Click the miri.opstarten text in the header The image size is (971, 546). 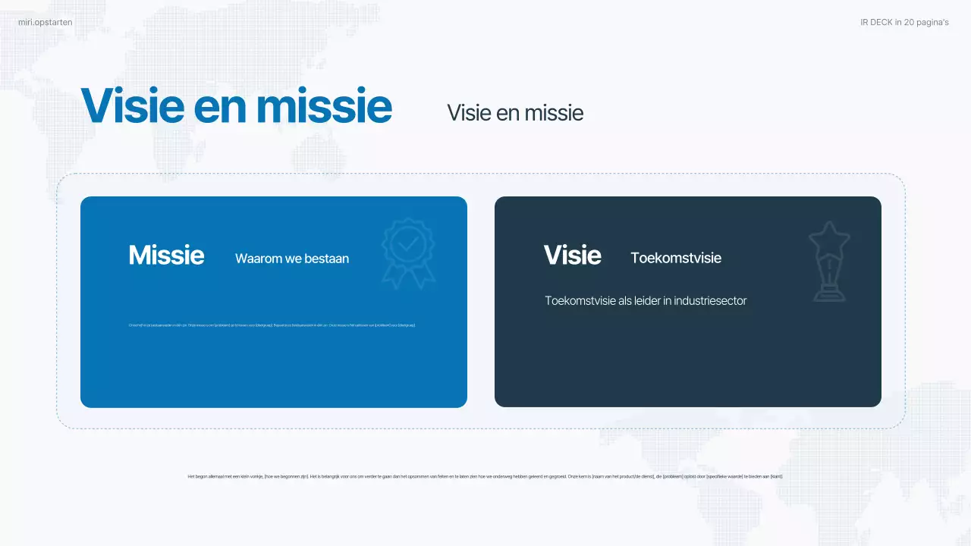click(46, 23)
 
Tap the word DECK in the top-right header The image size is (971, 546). click(881, 23)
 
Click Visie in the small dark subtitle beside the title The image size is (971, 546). click(469, 113)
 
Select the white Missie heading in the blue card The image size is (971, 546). click(166, 256)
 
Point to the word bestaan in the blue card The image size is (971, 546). click(327, 259)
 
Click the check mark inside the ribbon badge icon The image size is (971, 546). click(408, 243)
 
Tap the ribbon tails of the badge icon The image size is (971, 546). click(408, 278)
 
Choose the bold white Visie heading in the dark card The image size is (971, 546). click(572, 256)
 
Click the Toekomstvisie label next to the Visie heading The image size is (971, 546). click(676, 259)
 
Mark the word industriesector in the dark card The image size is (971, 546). click(711, 301)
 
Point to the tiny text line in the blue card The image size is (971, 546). click(272, 325)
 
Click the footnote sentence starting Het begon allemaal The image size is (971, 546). click(485, 476)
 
